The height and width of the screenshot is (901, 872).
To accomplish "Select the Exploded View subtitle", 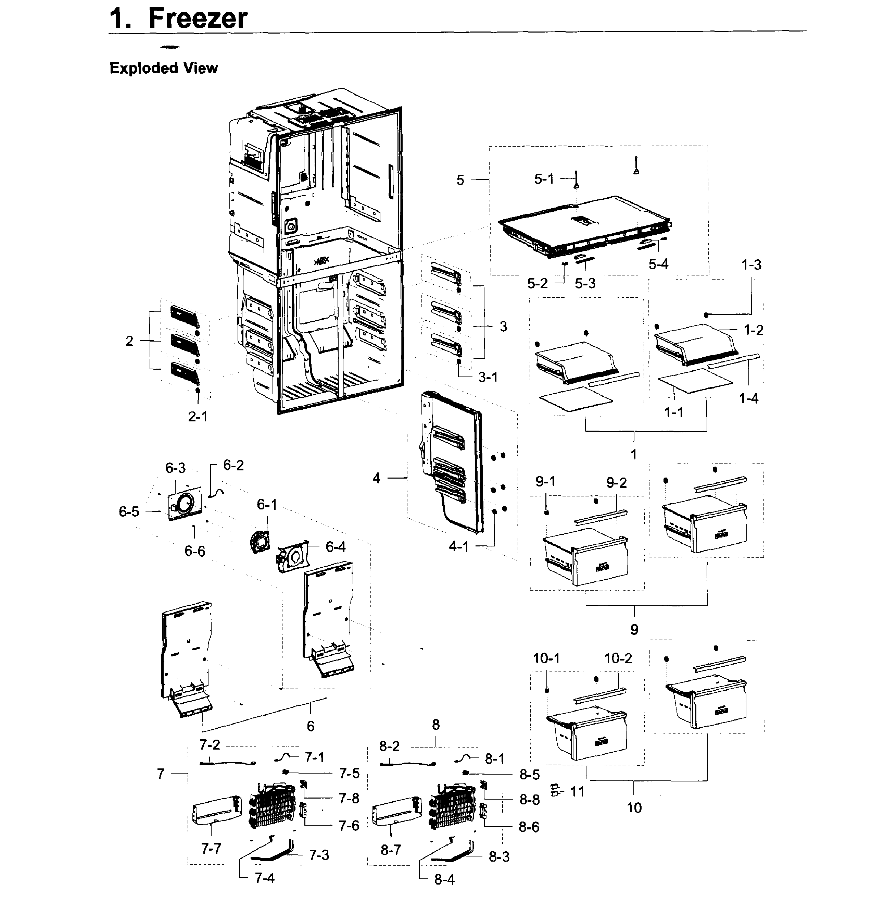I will click(x=164, y=68).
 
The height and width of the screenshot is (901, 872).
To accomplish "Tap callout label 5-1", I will click(x=544, y=179).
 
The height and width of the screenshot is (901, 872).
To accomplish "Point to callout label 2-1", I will click(x=198, y=417).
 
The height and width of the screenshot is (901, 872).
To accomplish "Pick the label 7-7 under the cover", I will click(x=211, y=849).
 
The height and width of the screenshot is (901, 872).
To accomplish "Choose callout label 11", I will click(x=577, y=792).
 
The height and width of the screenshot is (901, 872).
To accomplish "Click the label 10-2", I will click(x=618, y=658).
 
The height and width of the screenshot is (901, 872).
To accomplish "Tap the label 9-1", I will click(x=545, y=481).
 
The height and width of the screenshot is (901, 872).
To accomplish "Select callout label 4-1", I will click(x=458, y=546).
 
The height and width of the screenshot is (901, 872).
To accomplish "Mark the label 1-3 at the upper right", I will click(x=751, y=265).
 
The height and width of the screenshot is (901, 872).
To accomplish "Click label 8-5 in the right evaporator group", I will click(x=529, y=775).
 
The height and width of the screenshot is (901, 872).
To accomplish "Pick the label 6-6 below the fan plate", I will click(x=194, y=551).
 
